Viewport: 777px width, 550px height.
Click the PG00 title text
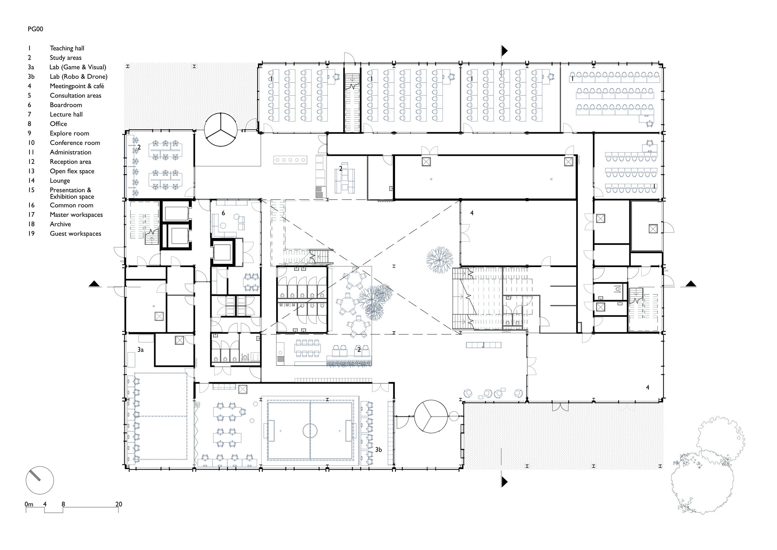(35, 29)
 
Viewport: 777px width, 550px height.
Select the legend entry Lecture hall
(66, 114)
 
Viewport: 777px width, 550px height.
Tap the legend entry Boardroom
(66, 105)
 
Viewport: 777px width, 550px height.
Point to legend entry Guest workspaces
(75, 233)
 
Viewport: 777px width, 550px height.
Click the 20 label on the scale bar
(118, 504)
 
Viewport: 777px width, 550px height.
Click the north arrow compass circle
(39, 480)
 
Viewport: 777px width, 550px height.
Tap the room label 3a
(141, 349)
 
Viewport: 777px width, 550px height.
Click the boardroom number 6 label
(223, 213)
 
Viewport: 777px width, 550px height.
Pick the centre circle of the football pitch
(310, 430)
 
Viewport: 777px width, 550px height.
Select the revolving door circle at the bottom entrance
(431, 416)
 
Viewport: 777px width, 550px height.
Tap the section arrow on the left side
(95, 284)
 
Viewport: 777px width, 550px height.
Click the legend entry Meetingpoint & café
(77, 86)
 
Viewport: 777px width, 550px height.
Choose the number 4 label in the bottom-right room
(647, 387)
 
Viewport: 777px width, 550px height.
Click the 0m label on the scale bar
(29, 504)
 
